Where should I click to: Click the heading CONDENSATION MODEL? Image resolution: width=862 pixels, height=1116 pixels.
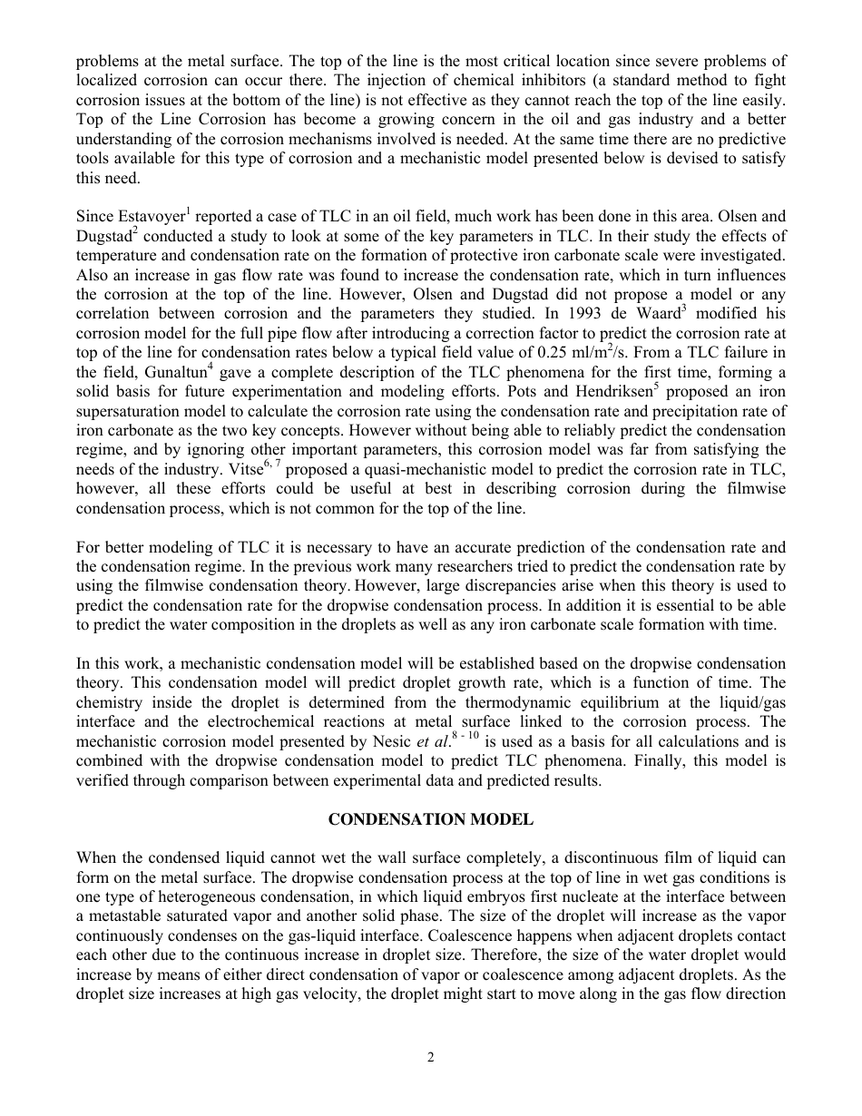tap(430, 819)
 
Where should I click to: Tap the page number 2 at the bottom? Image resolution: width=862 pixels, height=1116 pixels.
tap(431, 1057)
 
